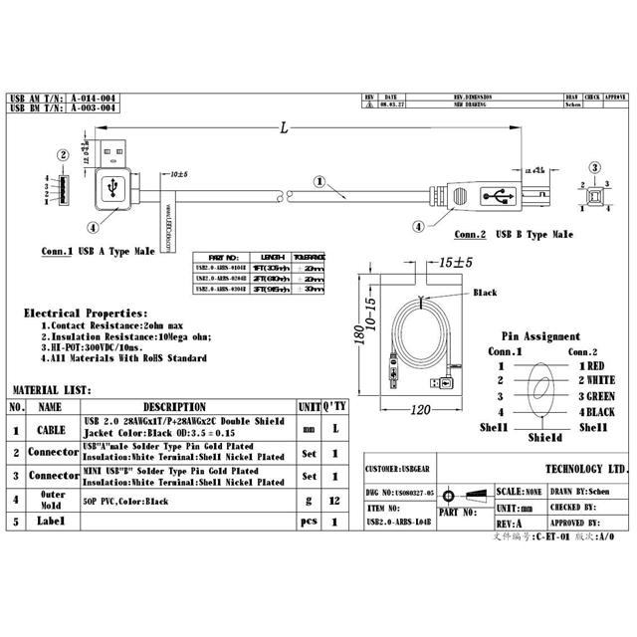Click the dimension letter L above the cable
[286, 128]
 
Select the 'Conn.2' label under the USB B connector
[469, 235]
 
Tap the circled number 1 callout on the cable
[318, 181]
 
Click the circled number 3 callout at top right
[594, 167]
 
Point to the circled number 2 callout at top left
[63, 154]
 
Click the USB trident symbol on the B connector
[494, 196]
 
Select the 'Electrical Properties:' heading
[86, 313]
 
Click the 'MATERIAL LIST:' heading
[51, 390]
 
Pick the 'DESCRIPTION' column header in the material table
[174, 407]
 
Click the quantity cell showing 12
[334, 499]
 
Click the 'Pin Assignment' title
[540, 336]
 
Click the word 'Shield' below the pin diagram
[544, 437]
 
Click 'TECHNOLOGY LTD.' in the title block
[587, 469]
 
